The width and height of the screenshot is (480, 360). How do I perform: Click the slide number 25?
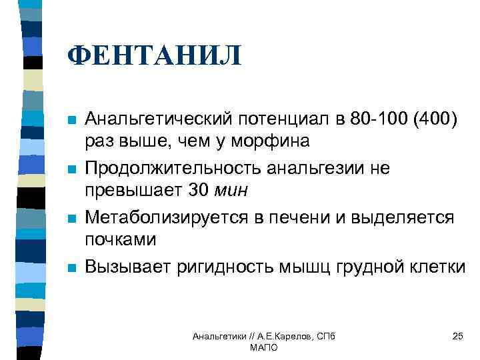pyautogui.click(x=457, y=336)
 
